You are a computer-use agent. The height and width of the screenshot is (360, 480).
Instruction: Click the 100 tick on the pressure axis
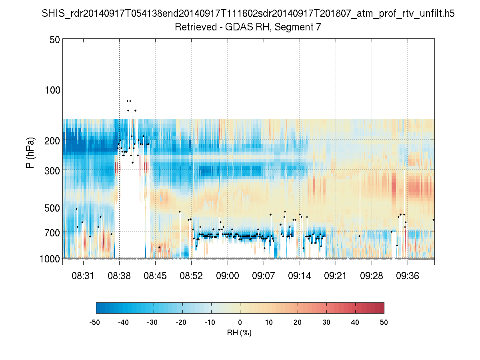52,89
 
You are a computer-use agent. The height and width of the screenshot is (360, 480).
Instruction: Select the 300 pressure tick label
52,170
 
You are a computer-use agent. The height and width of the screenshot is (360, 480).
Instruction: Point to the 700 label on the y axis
52,232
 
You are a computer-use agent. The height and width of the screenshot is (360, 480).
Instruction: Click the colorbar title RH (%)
239,332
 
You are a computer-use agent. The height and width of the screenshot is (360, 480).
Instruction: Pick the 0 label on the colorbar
240,322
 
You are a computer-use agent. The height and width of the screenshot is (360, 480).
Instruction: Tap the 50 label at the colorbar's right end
384,322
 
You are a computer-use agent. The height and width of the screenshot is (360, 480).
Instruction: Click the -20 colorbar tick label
181,322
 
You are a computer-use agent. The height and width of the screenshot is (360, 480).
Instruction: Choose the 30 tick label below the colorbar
326,322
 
